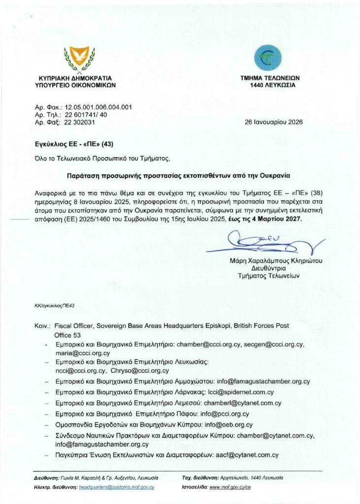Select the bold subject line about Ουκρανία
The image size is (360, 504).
[x=179, y=175]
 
